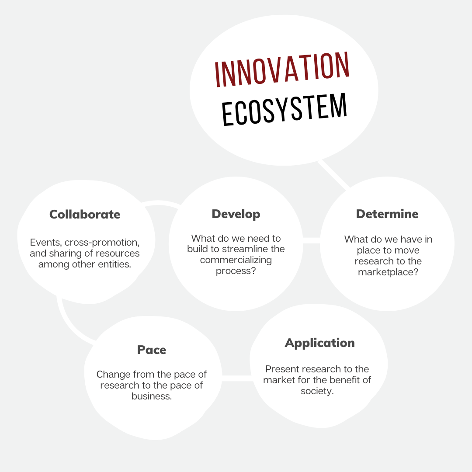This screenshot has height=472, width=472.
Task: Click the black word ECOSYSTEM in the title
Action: (x=285, y=109)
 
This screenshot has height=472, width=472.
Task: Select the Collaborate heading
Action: (x=85, y=214)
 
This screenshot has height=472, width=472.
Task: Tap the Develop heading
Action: (x=236, y=214)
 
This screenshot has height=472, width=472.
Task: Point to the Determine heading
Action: (x=387, y=214)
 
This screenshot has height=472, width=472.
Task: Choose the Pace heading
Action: (x=152, y=350)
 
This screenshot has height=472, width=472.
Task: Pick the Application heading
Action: (x=319, y=343)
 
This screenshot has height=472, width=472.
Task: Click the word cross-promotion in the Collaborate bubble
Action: (x=102, y=242)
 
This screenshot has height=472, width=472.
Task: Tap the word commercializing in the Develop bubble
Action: (x=236, y=260)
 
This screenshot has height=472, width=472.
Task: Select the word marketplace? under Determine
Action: (x=389, y=272)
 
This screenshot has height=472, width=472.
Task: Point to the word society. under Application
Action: (x=317, y=391)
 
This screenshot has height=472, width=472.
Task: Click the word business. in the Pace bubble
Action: (x=152, y=396)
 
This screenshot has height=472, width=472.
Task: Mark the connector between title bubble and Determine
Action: (x=334, y=174)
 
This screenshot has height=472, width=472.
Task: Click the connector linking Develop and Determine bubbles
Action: (x=311, y=240)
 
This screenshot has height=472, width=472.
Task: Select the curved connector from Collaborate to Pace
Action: (x=69, y=326)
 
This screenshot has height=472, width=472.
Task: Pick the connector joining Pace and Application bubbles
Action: (x=236, y=378)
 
